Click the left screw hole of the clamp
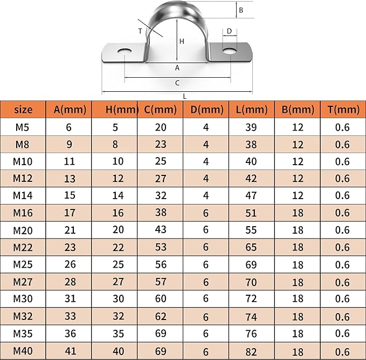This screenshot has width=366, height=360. pyautogui.click(x=125, y=51)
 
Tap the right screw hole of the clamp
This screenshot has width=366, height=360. pyautogui.click(x=230, y=51)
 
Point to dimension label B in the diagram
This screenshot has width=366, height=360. pyautogui.click(x=241, y=10)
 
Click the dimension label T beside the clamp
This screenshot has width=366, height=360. pyautogui.click(x=140, y=31)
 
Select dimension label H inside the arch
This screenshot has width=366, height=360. pyautogui.click(x=182, y=42)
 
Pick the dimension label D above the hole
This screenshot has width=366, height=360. pyautogui.click(x=229, y=31)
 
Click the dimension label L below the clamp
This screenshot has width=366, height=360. pyautogui.click(x=185, y=96)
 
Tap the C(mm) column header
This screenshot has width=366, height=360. pyautogui.click(x=160, y=110)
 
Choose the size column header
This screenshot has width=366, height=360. pyautogui.click(x=23, y=110)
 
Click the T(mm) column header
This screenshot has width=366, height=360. pyautogui.click(x=343, y=110)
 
